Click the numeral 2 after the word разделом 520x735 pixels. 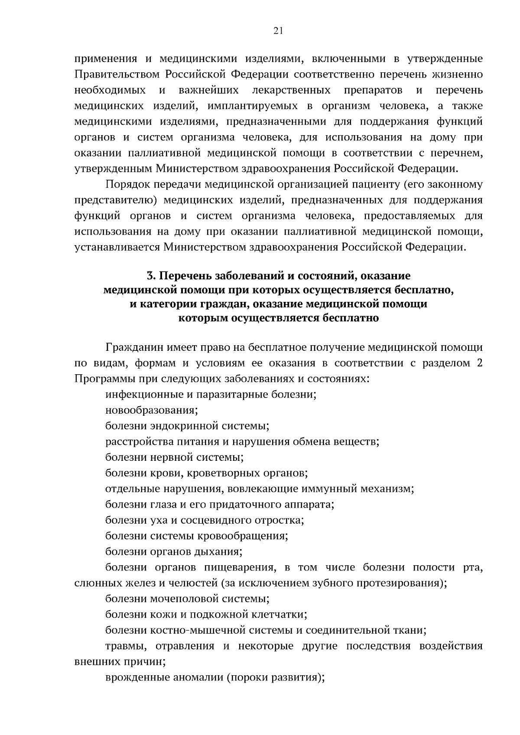point(479,363)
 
